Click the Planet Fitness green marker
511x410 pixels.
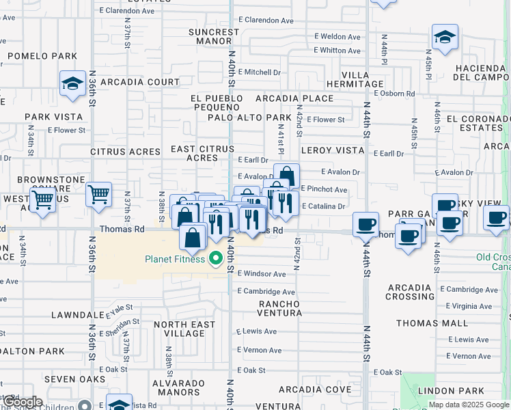click(217, 258)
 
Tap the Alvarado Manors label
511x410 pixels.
click(176, 387)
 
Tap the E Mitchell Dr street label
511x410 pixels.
click(259, 72)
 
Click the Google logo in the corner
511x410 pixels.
click(21, 402)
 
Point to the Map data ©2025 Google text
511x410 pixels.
click(469, 405)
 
